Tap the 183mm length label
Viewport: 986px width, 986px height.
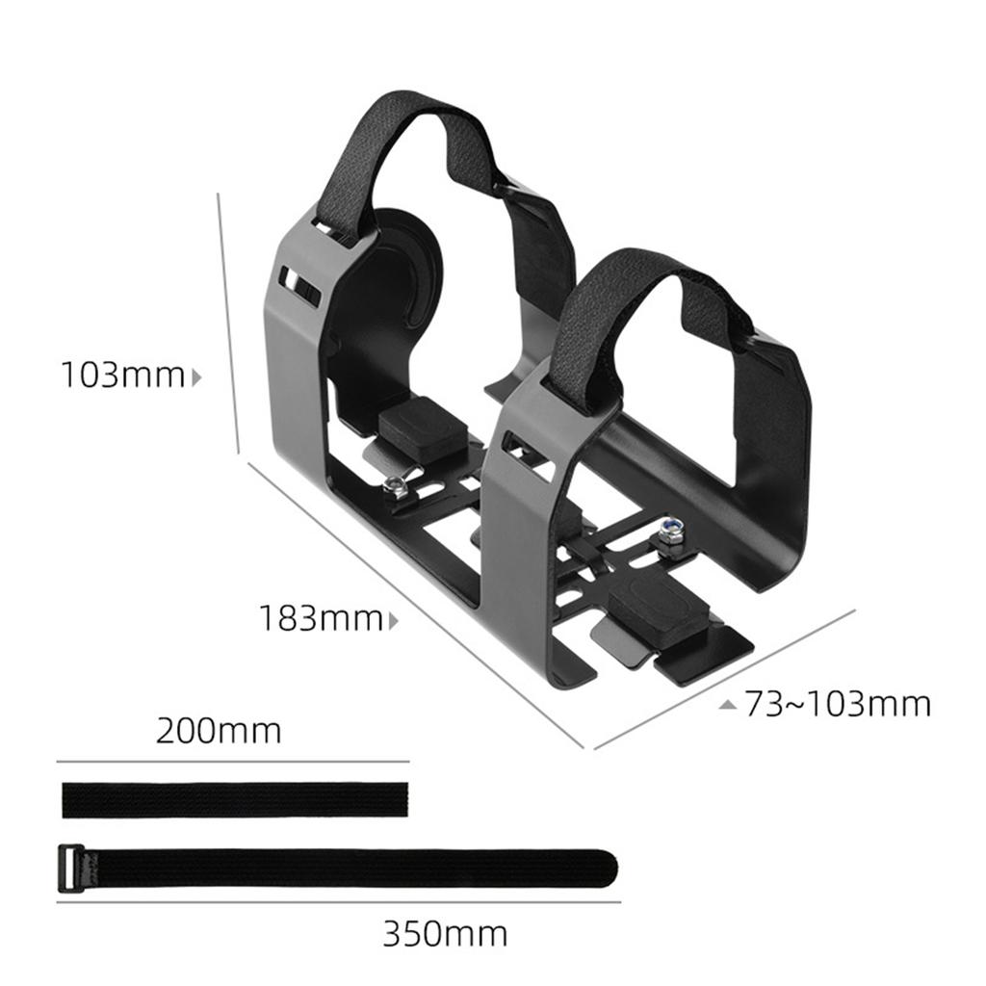pos(320,618)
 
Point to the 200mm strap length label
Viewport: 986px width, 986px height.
pos(219,731)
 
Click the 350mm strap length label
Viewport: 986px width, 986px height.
pos(445,933)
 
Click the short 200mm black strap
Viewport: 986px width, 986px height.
pos(235,799)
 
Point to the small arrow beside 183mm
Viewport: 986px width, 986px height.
pos(393,620)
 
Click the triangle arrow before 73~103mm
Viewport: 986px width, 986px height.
pos(728,704)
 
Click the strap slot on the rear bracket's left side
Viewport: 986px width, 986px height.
pos(298,285)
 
